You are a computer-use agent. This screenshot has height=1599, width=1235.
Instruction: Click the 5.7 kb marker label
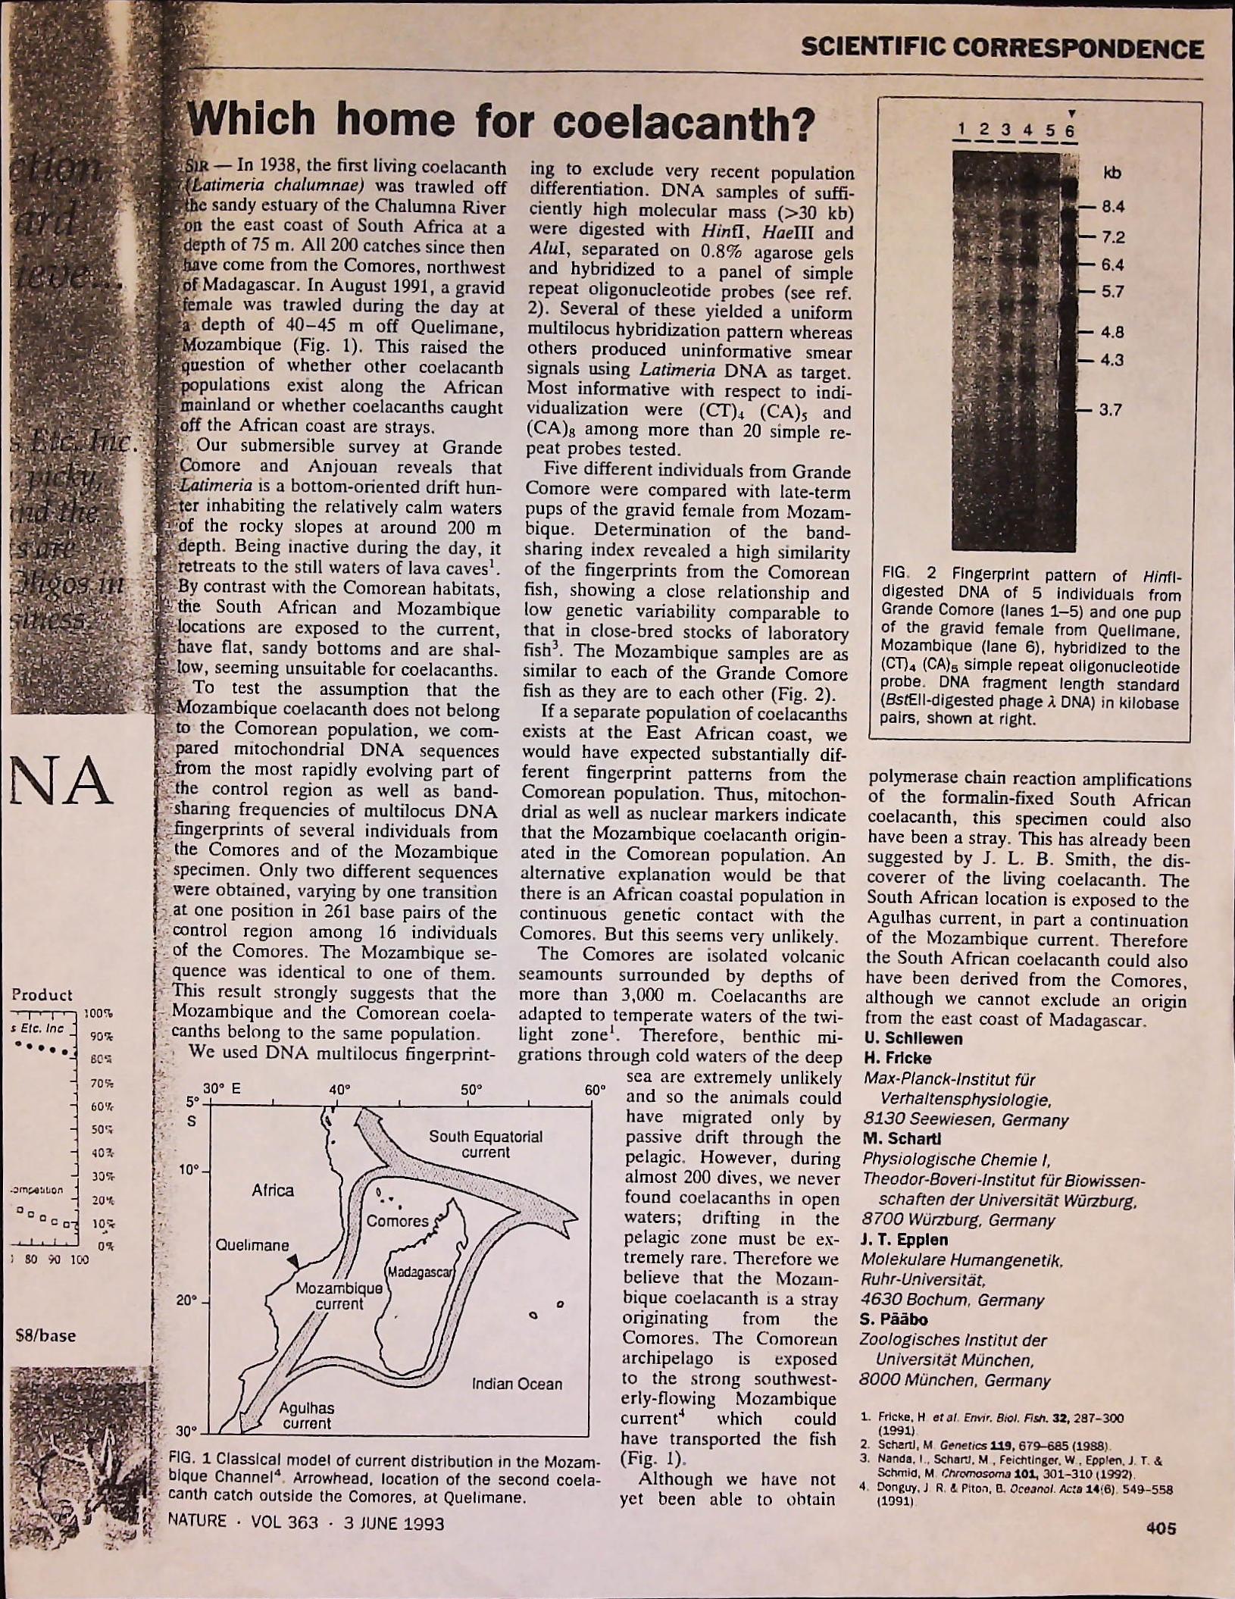pyautogui.click(x=1112, y=293)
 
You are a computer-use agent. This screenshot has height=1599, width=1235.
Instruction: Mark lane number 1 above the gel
pyautogui.click(x=961, y=129)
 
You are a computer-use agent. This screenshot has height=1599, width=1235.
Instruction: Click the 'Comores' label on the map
pyautogui.click(x=397, y=1222)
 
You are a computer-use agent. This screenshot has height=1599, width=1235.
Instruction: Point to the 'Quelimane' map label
pyautogui.click(x=252, y=1246)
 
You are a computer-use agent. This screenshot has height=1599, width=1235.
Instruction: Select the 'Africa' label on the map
pyautogui.click(x=273, y=1191)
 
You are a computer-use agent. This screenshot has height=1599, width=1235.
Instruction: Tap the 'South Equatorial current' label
pyautogui.click(x=486, y=1144)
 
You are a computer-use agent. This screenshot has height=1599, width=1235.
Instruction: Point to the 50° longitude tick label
pyautogui.click(x=471, y=1090)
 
